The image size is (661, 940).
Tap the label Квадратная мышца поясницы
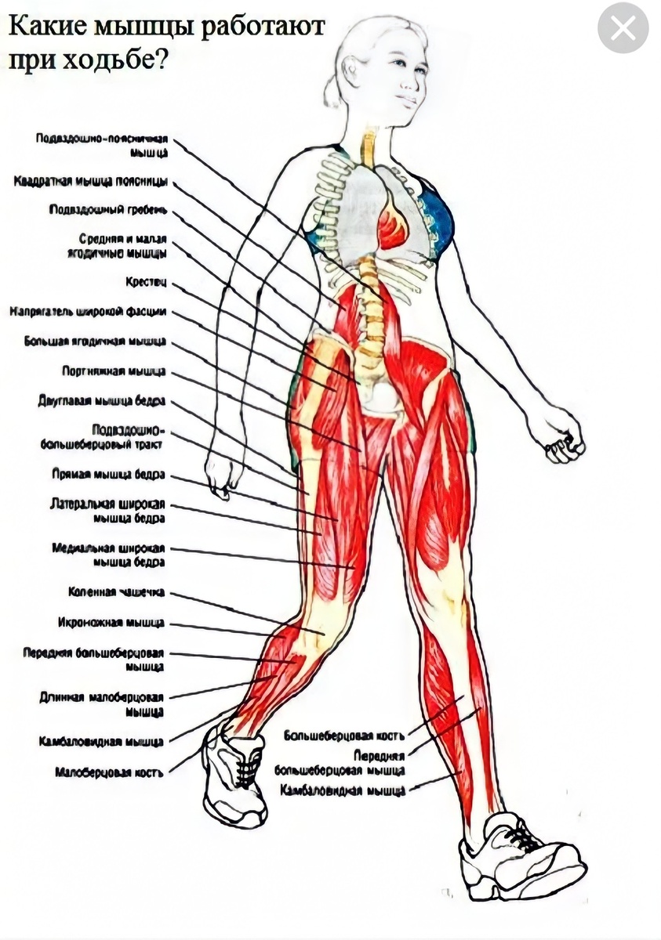pos(90,182)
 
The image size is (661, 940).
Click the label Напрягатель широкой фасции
pos(88,312)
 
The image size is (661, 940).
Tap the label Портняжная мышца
pos(114,371)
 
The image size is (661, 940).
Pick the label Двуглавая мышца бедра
pos(101,401)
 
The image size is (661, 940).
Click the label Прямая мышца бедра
pos(107,475)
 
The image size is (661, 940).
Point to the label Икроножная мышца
pos(111,623)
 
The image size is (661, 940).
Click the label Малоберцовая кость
pos(109,772)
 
